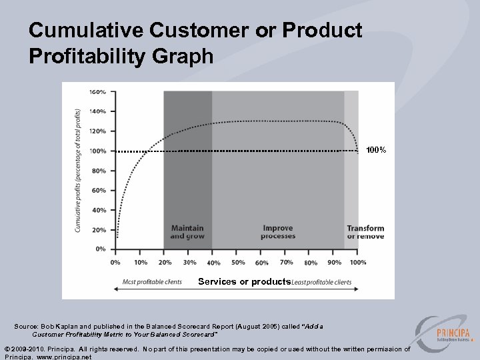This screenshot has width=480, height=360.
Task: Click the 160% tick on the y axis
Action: click(x=97, y=91)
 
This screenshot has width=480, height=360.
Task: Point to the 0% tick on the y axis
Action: click(x=99, y=249)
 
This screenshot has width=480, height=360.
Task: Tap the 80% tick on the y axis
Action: click(x=99, y=171)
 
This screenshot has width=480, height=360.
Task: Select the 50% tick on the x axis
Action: click(x=237, y=262)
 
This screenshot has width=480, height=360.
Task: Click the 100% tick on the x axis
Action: click(x=358, y=262)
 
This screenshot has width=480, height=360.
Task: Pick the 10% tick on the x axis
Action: click(x=141, y=262)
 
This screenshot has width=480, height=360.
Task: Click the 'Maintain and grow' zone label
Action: click(x=187, y=232)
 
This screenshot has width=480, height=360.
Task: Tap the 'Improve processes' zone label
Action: click(x=278, y=232)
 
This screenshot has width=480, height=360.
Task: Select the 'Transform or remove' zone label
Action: click(x=365, y=232)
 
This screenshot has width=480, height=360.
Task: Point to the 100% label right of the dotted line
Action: click(x=375, y=151)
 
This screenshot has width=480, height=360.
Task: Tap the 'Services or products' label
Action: click(x=244, y=282)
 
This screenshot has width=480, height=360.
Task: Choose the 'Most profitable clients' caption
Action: click(x=152, y=282)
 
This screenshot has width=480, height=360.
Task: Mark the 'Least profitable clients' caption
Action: click(x=321, y=282)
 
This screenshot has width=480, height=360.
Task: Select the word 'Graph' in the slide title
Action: click(x=181, y=56)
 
